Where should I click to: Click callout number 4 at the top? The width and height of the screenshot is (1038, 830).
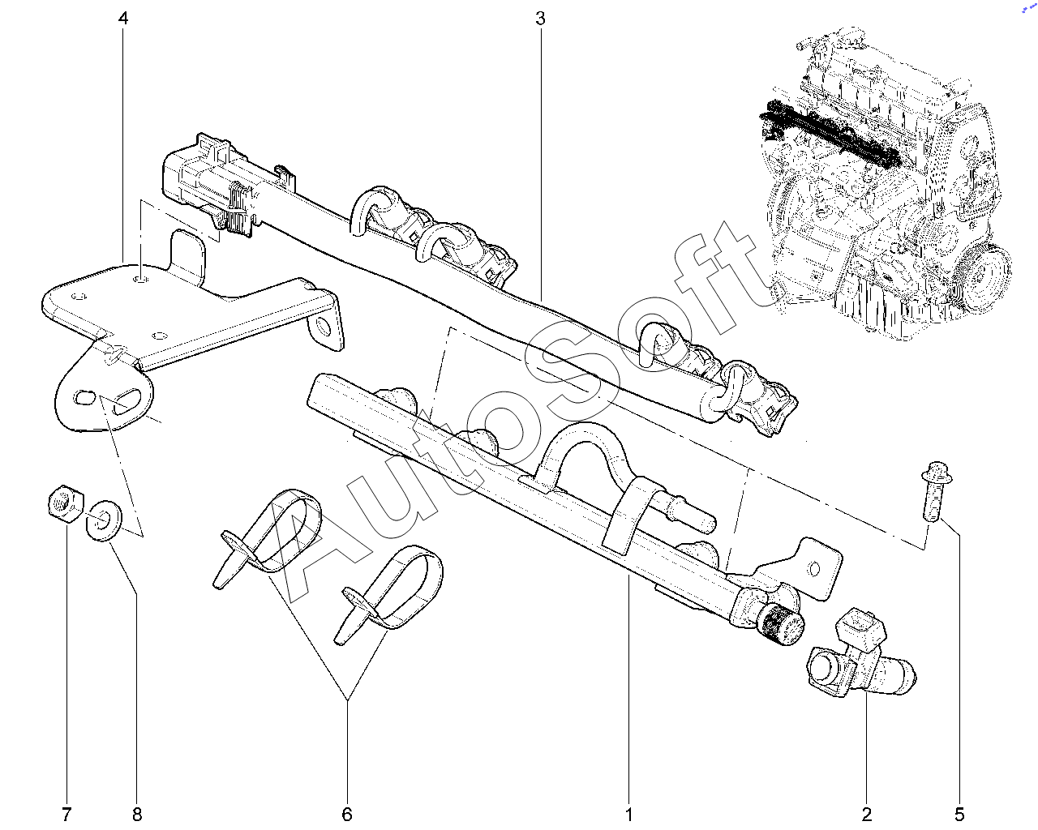pos(123,18)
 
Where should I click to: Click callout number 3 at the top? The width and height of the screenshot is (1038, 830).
pos(540,18)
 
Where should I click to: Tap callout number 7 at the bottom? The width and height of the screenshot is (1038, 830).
pos(66,813)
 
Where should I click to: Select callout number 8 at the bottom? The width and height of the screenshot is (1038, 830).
pos(136,813)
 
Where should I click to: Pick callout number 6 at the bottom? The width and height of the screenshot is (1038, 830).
pos(347,813)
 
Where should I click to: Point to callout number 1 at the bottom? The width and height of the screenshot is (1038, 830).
pos(628,813)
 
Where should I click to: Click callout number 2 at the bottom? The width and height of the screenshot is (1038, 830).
pos(866,813)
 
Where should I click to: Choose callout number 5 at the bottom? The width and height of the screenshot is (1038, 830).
pos(960,813)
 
